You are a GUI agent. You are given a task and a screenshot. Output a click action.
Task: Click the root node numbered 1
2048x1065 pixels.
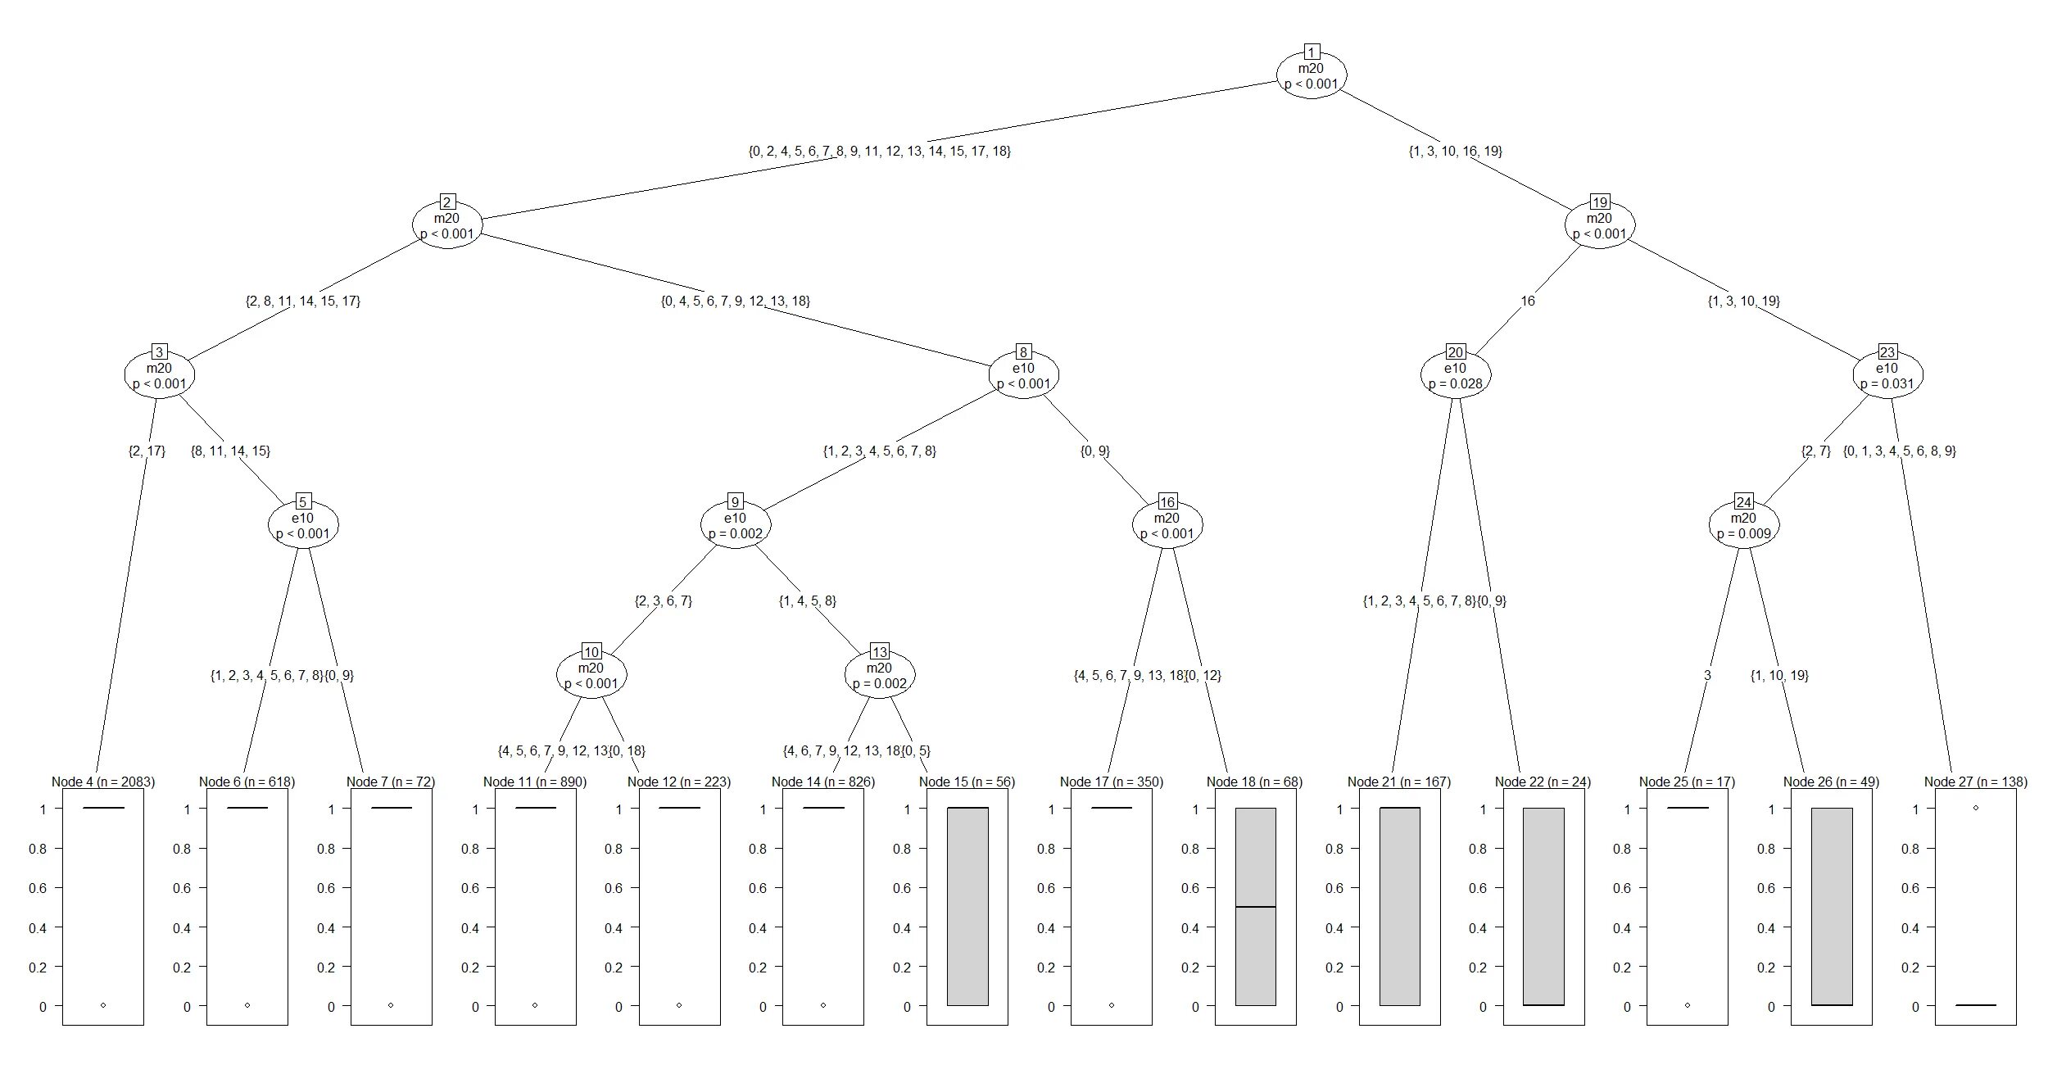(x=1312, y=75)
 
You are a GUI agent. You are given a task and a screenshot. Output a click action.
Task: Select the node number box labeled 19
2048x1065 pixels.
(x=1599, y=202)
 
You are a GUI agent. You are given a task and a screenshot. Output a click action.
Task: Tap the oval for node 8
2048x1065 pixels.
(x=1023, y=375)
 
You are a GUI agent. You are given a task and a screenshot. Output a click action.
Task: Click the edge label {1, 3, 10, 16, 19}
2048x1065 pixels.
(x=1455, y=151)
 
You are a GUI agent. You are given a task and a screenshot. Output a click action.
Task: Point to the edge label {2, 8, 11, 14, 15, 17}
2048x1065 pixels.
(x=303, y=301)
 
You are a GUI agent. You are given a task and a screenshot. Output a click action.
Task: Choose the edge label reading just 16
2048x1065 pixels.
(x=1528, y=301)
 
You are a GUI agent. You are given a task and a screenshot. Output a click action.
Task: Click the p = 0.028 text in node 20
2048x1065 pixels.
(x=1455, y=383)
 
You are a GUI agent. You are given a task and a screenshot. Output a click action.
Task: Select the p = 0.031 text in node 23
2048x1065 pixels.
(x=1887, y=383)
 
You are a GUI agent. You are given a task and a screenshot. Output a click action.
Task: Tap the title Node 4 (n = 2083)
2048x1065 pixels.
(x=103, y=782)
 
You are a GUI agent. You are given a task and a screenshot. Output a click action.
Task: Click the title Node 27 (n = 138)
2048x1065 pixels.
(x=1976, y=782)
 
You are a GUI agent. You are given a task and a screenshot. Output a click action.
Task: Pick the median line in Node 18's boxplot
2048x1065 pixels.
(x=1256, y=907)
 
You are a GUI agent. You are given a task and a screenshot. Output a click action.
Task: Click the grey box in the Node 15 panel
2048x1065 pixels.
(x=967, y=907)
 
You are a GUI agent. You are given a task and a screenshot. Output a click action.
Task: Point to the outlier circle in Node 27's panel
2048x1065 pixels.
(x=1976, y=808)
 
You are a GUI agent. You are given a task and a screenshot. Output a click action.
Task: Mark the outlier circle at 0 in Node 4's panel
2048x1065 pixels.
(x=103, y=1005)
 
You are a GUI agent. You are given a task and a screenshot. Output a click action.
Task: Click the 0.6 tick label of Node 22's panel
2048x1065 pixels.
(x=1478, y=888)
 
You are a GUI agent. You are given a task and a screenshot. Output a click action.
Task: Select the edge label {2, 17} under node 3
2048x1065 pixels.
(x=147, y=451)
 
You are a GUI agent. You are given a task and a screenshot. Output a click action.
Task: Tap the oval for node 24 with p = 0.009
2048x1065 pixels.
(x=1743, y=525)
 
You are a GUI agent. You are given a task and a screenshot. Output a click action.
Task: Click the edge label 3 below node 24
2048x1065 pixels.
(x=1707, y=676)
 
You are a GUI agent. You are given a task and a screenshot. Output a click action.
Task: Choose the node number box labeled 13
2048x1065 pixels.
(x=879, y=652)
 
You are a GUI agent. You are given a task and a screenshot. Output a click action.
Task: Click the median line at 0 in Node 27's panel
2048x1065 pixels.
(x=1976, y=1005)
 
